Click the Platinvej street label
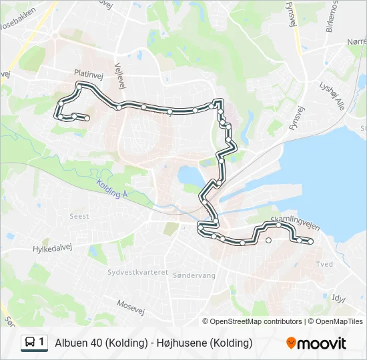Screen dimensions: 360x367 tap(89, 76)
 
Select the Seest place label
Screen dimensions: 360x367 tap(79, 216)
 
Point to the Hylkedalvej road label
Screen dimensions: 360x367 tap(51, 248)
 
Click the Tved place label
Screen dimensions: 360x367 tap(325, 264)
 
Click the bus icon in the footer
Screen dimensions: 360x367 tap(30, 343)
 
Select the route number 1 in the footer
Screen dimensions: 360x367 tap(41, 343)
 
